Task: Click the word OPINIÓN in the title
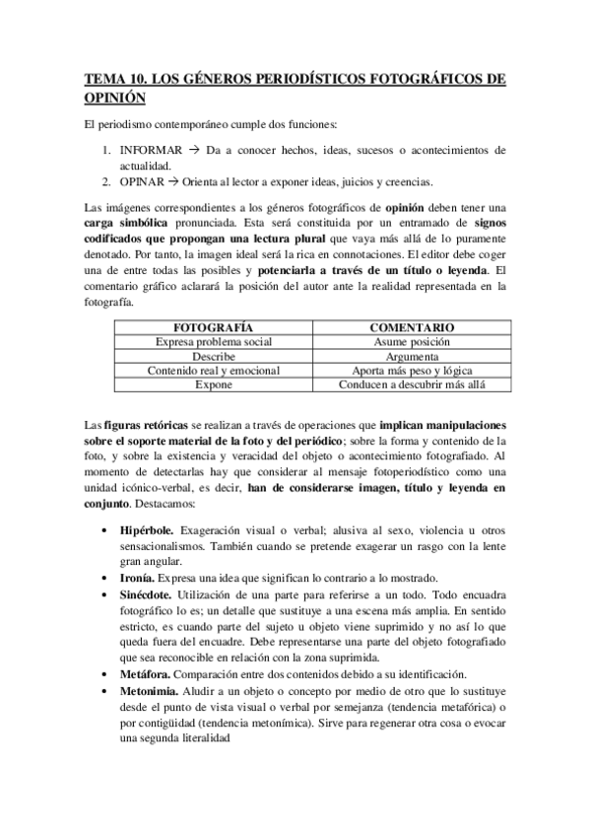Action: pyautogui.click(x=114, y=98)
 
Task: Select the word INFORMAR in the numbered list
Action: pyautogui.click(x=151, y=151)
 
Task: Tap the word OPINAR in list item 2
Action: pyautogui.click(x=144, y=181)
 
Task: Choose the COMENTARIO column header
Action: pyautogui.click(x=411, y=326)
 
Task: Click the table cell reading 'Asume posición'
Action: pyautogui.click(x=411, y=341)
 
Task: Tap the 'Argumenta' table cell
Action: pyautogui.click(x=411, y=356)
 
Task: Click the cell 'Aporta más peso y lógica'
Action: pyautogui.click(x=411, y=371)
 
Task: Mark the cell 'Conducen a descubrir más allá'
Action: pyautogui.click(x=411, y=385)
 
